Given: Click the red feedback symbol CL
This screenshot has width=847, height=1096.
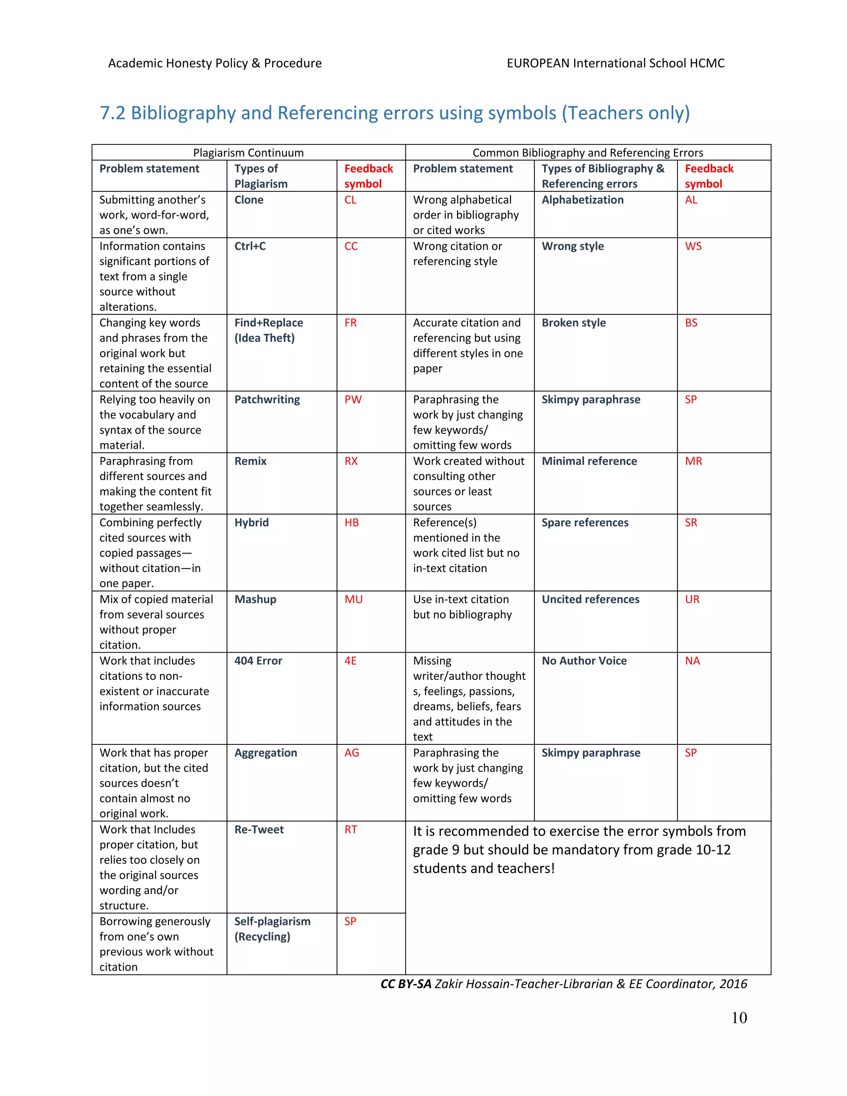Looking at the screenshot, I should (350, 200).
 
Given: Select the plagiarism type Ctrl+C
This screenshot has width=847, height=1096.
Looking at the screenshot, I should (250, 246).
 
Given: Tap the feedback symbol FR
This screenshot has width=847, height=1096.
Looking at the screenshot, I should (350, 323).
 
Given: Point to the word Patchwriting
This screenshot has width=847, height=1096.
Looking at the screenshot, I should (267, 400).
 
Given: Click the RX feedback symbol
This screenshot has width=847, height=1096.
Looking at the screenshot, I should (351, 461).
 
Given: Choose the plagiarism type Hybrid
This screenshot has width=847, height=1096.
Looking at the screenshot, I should (251, 522).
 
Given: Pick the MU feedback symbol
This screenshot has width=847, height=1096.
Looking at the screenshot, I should (353, 599).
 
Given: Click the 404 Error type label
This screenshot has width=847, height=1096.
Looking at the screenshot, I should (258, 660).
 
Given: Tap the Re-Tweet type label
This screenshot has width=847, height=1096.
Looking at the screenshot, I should (259, 830).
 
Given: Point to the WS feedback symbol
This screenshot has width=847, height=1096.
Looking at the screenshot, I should (693, 246).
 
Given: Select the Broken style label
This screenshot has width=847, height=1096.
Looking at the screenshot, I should (574, 323).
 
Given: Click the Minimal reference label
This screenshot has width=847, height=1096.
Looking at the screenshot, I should (589, 461).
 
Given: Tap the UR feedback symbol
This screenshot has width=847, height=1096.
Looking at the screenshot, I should (692, 599).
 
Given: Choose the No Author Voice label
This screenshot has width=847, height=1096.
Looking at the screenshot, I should (584, 660).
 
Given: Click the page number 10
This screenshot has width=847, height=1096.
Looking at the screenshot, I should (739, 1018).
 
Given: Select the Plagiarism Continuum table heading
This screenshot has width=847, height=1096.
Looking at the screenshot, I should (249, 153).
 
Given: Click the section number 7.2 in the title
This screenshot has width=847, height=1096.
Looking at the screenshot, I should (112, 113).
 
